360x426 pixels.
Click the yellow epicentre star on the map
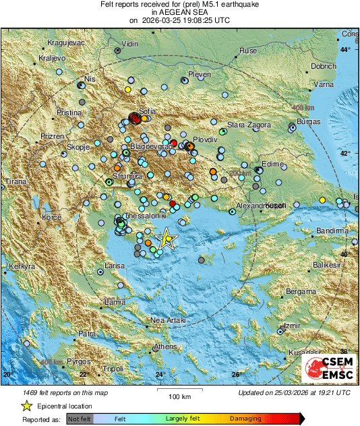(x=166, y=239)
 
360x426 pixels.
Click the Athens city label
(x=165, y=346)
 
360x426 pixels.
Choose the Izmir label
(x=292, y=326)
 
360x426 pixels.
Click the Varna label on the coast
(x=325, y=85)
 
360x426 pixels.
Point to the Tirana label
(x=15, y=182)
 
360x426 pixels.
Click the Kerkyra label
(x=21, y=268)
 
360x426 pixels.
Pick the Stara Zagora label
(x=248, y=125)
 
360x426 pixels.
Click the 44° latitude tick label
(x=345, y=50)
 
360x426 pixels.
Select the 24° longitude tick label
(x=160, y=375)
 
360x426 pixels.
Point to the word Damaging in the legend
(x=245, y=419)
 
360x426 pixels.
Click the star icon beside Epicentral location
(x=26, y=406)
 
